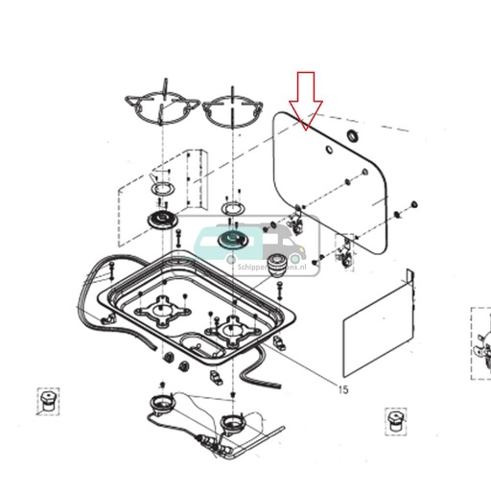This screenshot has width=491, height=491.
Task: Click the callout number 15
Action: [x=342, y=388]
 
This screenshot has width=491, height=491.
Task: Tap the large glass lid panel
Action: [x=331, y=182]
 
